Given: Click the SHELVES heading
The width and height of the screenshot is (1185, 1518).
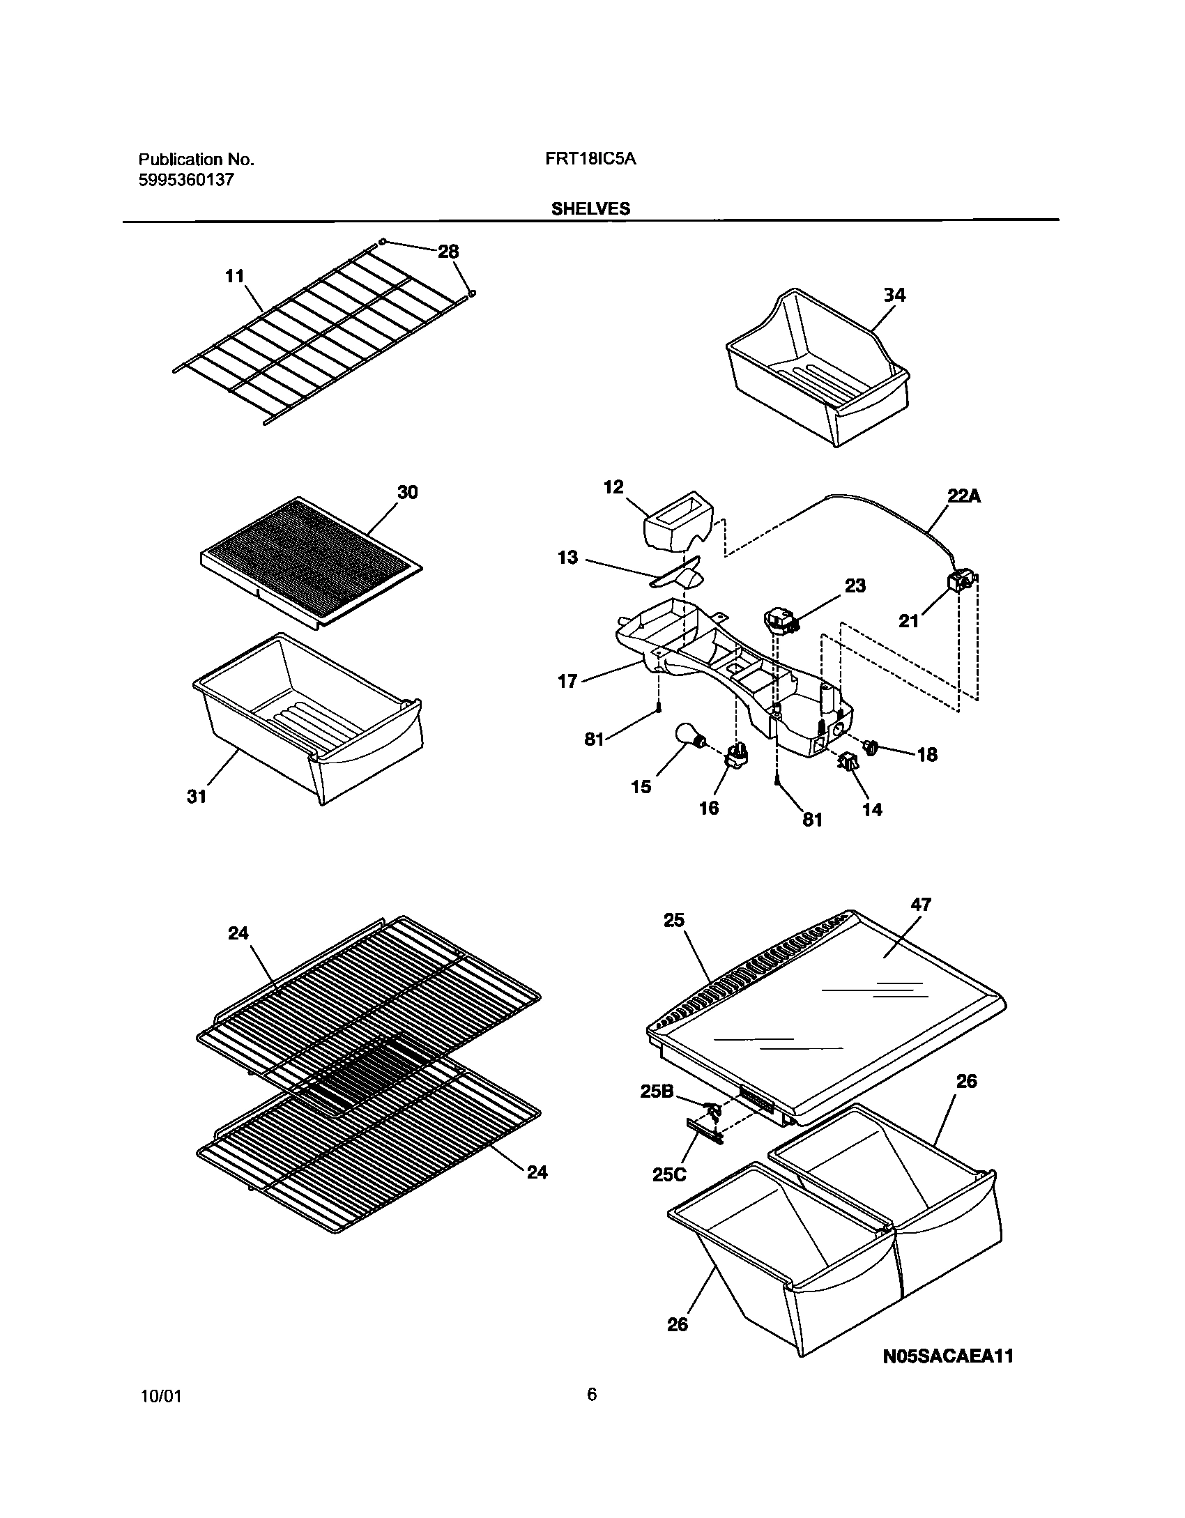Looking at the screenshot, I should coord(590,208).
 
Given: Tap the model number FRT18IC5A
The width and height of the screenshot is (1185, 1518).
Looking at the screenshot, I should coord(590,159).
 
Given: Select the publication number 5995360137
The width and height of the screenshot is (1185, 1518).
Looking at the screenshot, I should coord(186,181).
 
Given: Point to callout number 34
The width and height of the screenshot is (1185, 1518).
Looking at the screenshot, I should coord(894,296).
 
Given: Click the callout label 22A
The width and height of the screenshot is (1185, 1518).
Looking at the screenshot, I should coord(964,496).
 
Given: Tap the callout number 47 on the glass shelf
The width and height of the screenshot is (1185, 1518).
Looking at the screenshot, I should coord(921,905).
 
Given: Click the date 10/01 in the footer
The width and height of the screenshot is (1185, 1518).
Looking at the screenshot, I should coord(160,1416).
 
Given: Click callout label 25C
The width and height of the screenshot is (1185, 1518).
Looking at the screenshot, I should coord(668,1174).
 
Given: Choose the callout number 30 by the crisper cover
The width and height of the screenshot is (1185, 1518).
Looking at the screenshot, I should coord(407,492).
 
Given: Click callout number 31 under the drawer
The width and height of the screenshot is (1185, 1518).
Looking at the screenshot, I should coord(197,796).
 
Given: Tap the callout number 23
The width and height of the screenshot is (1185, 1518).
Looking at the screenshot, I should coord(855,586).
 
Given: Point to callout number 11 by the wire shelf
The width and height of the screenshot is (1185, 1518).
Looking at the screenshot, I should coord(235,276).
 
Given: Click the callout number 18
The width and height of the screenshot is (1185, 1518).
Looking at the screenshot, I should coord(927,755).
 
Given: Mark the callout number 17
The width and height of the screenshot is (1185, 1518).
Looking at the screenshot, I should coord(568,681).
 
